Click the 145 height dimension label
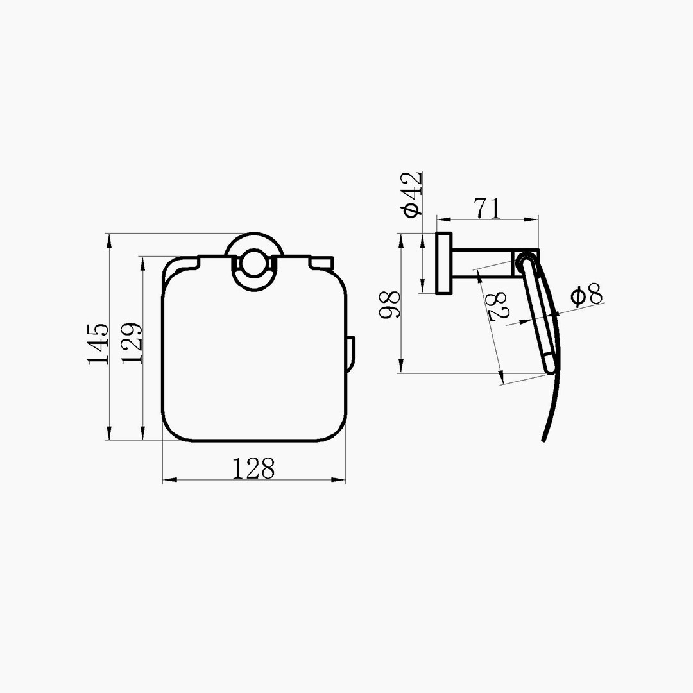coord(98,344)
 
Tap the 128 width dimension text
coord(253,468)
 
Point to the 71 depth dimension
coord(488,208)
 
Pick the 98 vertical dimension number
coord(390,304)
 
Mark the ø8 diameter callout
coord(586,295)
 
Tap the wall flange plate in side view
coord(444,263)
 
